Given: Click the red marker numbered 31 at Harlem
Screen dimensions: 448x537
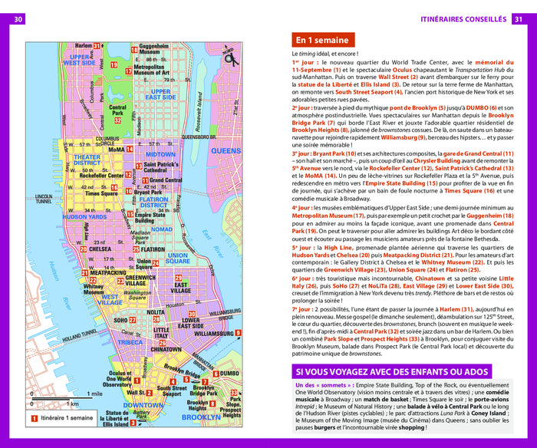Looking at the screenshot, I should (x=97, y=47).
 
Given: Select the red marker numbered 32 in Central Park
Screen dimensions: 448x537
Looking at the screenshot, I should (x=117, y=120).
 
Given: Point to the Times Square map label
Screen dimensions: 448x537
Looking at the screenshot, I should (x=100, y=195).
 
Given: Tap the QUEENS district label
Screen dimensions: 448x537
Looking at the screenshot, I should (x=226, y=151).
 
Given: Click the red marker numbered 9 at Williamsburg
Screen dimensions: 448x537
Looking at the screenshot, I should (x=238, y=332).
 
